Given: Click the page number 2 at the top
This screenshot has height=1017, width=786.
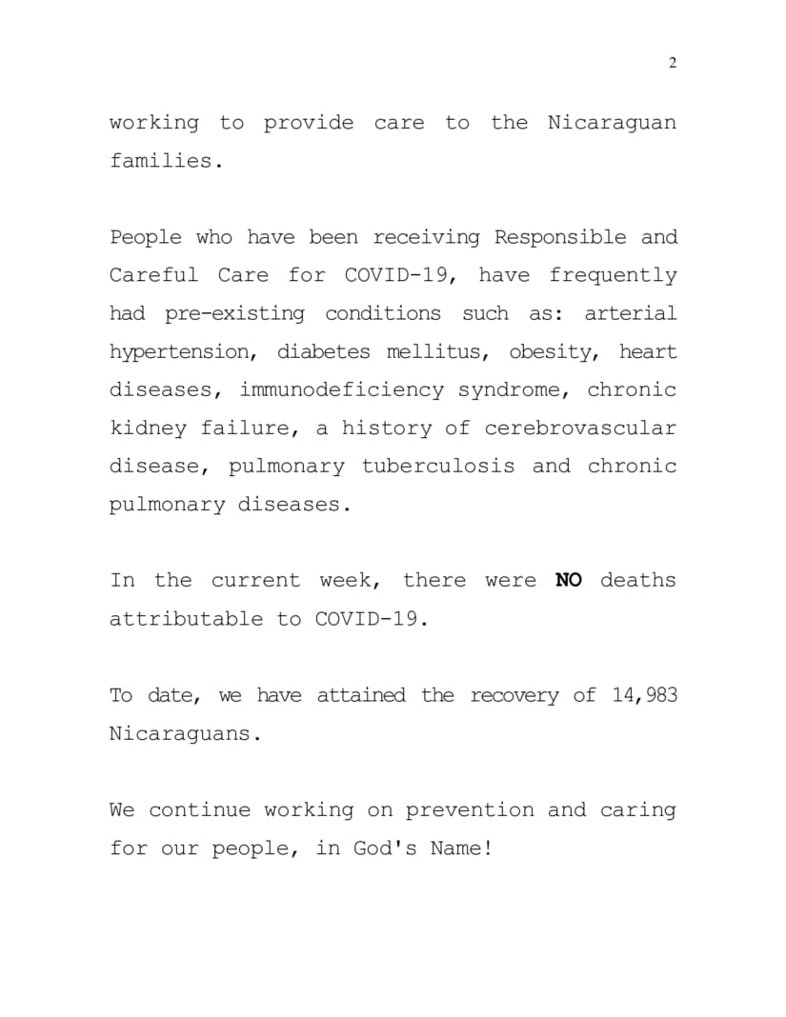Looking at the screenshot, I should (x=673, y=63).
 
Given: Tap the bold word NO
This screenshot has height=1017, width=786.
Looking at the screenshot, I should (x=568, y=580).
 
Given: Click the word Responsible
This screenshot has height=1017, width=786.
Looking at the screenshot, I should (x=560, y=237).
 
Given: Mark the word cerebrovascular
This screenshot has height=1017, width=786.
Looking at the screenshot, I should (x=580, y=429).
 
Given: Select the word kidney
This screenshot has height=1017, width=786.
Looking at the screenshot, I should (x=148, y=429).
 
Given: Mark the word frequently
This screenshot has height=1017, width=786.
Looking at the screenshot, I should (x=613, y=276).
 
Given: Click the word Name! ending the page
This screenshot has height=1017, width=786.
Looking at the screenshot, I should (x=461, y=848).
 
